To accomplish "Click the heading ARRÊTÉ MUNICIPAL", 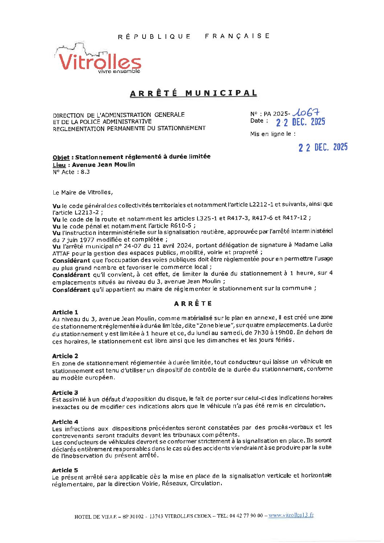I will click(x=193, y=93).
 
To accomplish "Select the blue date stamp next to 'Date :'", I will click(x=300, y=122).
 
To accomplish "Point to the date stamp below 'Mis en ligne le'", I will click(x=323, y=147).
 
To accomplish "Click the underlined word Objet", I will click(x=61, y=158).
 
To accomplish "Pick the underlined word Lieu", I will click(x=59, y=165).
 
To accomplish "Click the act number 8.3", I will click(x=85, y=172).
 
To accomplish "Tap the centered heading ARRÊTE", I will click(x=193, y=304).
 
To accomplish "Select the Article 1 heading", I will click(x=65, y=312).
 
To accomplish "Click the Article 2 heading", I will click(x=65, y=356).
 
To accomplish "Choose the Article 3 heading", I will click(x=65, y=393).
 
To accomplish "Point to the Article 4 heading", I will click(x=65, y=422).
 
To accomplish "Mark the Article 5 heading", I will click(x=65, y=470).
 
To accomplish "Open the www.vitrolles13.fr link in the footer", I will click(x=291, y=515).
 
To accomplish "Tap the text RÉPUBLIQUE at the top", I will click(x=154, y=36).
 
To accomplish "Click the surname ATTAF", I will click(x=61, y=253).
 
